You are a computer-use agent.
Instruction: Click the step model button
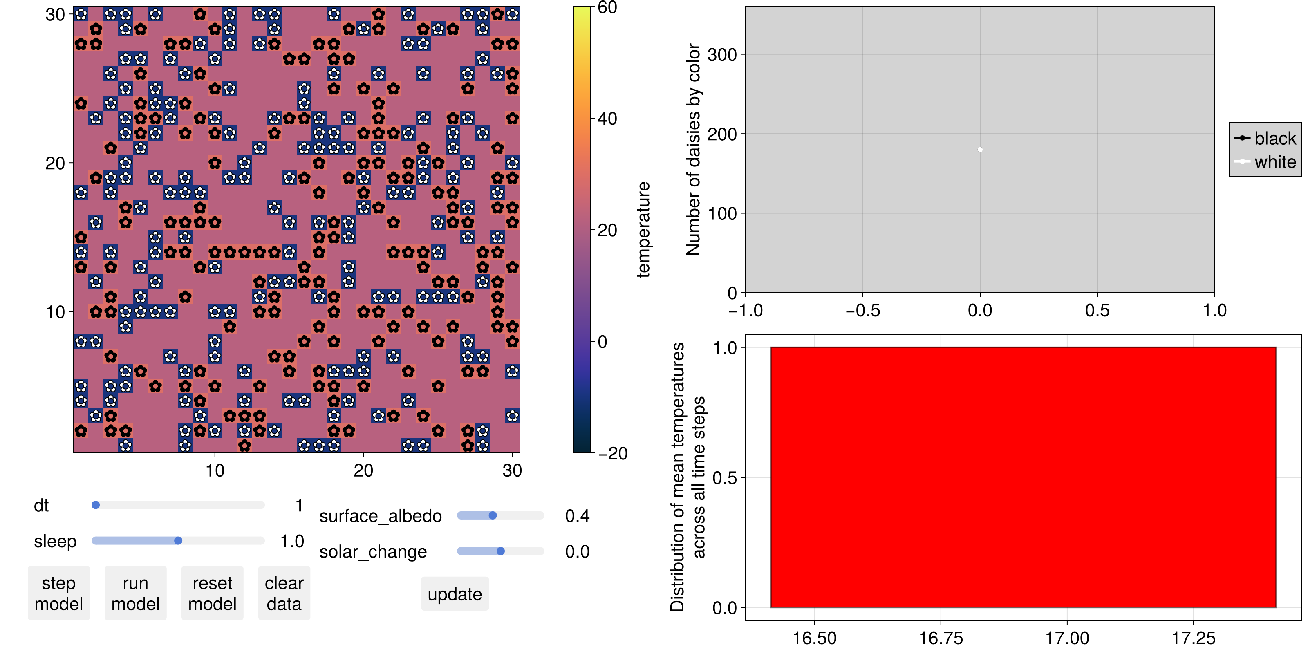coord(58,593)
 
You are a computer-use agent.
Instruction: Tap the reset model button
coord(212,593)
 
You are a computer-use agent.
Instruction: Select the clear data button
coord(284,593)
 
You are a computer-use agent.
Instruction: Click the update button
coord(455,594)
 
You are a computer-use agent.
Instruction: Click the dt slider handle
coord(96,505)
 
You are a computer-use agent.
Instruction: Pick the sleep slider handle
coord(178,541)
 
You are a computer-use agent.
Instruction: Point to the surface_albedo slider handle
coord(493,515)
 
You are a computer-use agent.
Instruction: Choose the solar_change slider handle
coord(501,551)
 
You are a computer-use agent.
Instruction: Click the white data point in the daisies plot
coord(980,150)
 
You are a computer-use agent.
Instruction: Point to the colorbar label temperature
coord(643,229)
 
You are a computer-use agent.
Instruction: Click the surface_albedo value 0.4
coord(577,516)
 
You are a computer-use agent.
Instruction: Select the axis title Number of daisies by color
coord(693,149)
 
